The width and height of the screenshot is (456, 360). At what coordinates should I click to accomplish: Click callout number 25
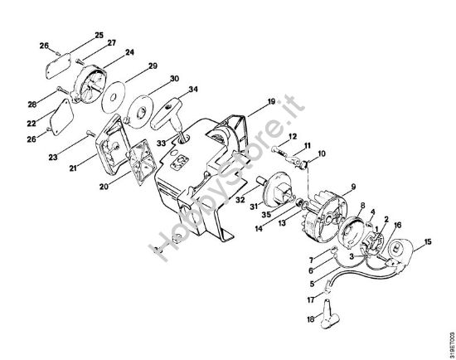click(x=99, y=35)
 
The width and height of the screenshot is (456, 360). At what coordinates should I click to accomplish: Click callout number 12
click(x=293, y=136)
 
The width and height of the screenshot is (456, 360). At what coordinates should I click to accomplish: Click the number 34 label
click(x=192, y=89)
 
